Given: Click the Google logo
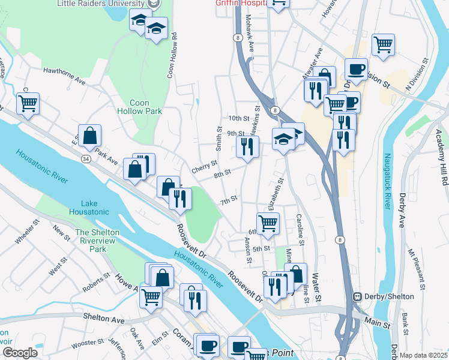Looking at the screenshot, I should (20, 352).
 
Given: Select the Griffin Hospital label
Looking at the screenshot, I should (240, 3).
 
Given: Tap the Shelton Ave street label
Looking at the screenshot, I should (103, 316).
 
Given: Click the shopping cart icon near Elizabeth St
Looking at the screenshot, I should (268, 223).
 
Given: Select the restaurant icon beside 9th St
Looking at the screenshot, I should (247, 146).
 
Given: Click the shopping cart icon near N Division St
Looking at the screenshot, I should (382, 44).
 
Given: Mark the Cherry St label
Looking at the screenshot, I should (204, 170).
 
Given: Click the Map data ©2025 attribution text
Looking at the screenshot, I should (423, 355).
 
